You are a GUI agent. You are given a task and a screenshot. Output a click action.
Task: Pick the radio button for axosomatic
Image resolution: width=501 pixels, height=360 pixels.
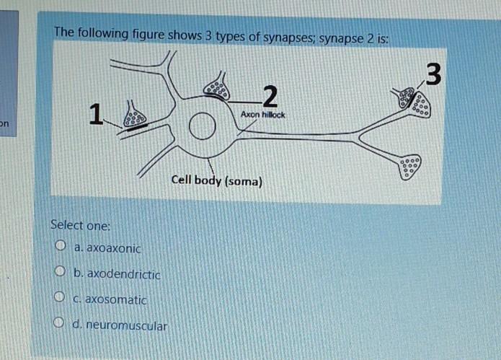click(60, 298)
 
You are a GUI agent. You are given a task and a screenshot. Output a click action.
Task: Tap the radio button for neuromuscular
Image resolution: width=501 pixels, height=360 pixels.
click(60, 325)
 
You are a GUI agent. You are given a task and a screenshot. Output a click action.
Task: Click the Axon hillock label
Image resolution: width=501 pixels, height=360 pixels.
click(263, 115)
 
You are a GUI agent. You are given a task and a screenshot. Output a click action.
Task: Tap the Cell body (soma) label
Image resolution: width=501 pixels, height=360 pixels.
click(217, 180)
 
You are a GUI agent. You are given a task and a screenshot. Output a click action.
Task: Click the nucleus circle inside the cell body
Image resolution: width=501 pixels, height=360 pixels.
click(203, 128)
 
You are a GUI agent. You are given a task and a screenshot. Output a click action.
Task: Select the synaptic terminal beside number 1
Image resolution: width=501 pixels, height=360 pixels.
click(134, 116)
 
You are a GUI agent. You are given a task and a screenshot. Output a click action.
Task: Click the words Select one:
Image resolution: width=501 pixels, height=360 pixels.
click(80, 225)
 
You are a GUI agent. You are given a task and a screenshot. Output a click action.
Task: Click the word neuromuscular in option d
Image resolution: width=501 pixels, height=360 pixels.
click(127, 325)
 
